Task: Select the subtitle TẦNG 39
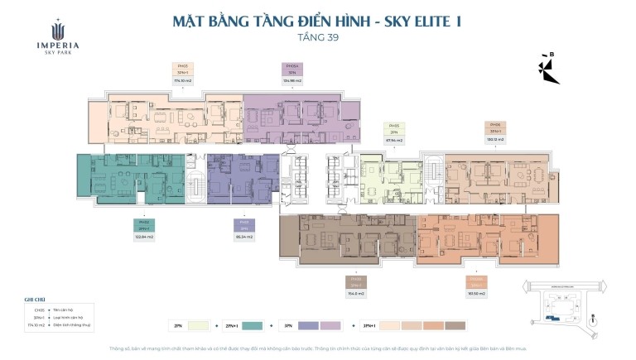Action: pos(318,38)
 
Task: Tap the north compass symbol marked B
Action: pos(550,70)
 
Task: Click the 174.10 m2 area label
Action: pos(183,81)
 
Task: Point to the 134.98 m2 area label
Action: pos(292,81)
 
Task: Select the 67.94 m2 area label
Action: pos(394,140)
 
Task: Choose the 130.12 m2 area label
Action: pos(495,140)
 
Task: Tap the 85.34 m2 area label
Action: pos(243,237)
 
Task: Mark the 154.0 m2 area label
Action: pos(357,293)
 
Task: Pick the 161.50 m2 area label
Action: pos(475,293)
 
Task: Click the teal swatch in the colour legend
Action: pos(253,325)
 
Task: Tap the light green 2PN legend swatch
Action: pos(195,325)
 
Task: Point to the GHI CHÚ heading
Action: pos(34,300)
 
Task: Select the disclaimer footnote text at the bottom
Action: pos(318,348)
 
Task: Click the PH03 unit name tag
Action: pos(183,65)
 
